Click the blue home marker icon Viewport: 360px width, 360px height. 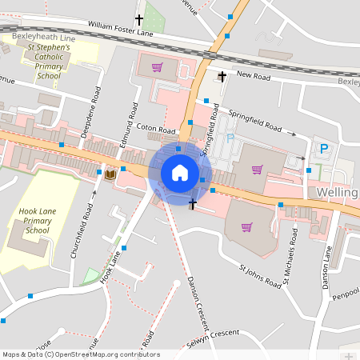pos(180,172)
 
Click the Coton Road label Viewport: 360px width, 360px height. pos(155,129)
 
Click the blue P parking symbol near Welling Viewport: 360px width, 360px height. pos(324,148)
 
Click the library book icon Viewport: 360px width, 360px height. pos(110,174)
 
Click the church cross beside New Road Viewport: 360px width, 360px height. pos(222,76)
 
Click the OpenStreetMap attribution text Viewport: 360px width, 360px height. pos(80,354)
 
